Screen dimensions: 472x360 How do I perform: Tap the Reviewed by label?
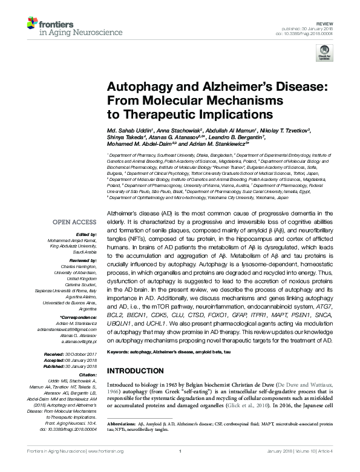point(81,258)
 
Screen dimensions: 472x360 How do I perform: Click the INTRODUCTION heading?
point(139,370)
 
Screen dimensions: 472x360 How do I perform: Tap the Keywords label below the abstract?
point(120,352)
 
